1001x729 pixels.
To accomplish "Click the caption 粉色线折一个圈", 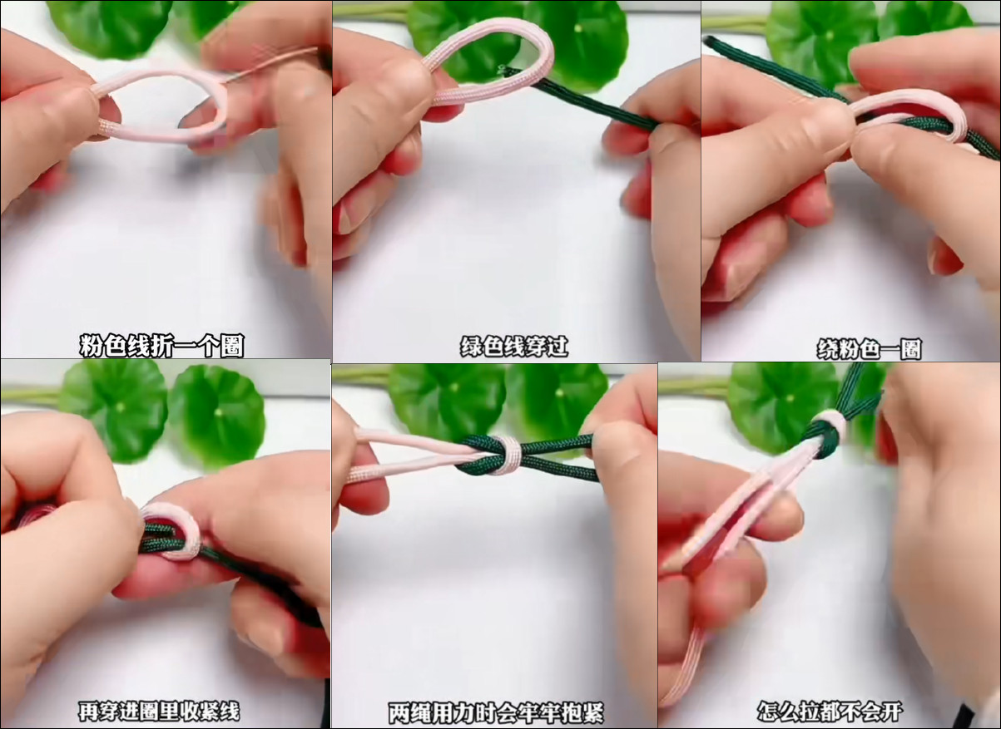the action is coord(161,346).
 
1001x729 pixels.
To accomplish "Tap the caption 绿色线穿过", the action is coord(514,347).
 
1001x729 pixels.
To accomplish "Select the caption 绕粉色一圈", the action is coord(869,349).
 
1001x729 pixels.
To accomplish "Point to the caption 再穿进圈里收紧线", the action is coord(159,712).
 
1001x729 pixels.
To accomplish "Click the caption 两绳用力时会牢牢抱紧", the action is coord(496,712).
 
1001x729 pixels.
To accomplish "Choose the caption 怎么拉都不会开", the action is coord(830,712).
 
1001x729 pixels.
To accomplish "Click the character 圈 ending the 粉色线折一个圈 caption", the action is coord(232,346).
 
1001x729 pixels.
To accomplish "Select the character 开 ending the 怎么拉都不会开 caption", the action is coord(890,712).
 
